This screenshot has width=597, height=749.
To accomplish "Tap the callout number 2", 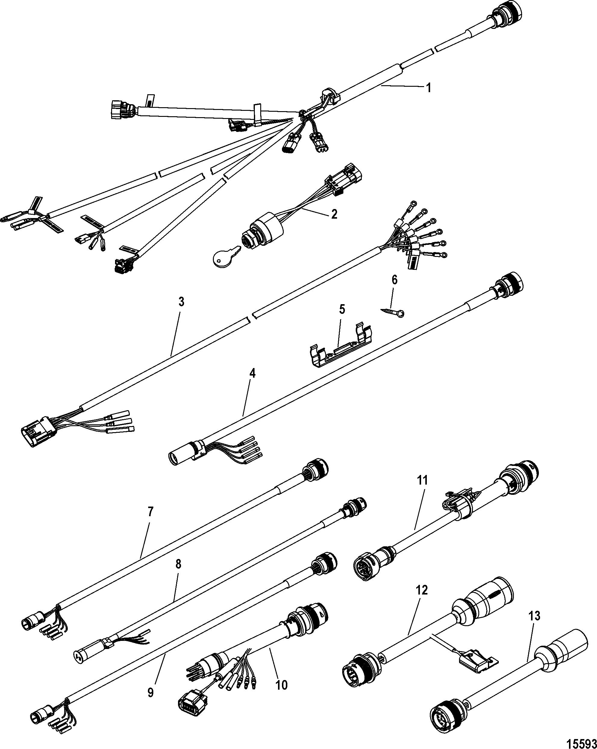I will (334, 214).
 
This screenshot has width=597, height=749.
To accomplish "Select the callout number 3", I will (181, 302).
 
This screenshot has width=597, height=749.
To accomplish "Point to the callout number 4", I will (252, 374).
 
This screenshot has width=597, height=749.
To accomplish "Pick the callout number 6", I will (394, 280).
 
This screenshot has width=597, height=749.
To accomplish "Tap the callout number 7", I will (150, 512).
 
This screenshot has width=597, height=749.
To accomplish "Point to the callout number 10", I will (282, 685).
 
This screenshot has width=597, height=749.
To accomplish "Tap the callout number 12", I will (422, 590).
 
